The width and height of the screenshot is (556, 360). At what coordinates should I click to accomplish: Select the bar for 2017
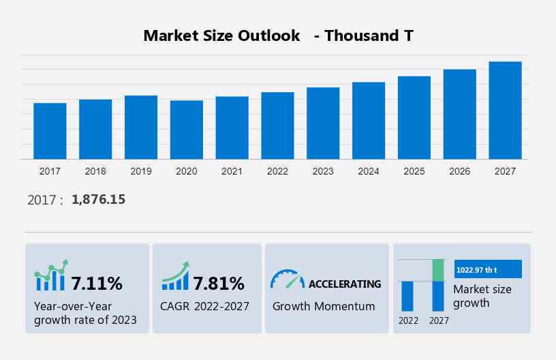pos(50,131)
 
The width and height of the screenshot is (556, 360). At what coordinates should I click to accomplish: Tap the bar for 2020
pos(187,130)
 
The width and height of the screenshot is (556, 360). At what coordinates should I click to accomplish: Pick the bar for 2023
pos(323,123)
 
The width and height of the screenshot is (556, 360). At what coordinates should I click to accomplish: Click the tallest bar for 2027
pos(505,110)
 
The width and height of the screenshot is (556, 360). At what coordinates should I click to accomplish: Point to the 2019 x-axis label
pos(141,171)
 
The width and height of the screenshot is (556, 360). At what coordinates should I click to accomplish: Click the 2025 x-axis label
pos(414,171)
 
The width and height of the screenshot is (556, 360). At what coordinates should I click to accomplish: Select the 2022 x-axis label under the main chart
pos(277,171)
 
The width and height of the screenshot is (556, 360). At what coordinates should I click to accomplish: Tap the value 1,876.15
pos(98,200)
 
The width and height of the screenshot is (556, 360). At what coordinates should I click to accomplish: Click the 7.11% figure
pos(97,283)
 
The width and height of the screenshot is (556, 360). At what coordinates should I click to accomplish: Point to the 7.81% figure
pos(218,283)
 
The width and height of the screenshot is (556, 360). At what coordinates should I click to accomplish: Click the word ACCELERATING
pos(345,284)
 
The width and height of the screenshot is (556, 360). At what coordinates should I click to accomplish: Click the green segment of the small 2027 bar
pos(438,270)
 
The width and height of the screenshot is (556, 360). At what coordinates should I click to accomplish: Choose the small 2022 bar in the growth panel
pos(407,296)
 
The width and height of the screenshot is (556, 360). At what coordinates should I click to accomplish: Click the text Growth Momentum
pos(324,306)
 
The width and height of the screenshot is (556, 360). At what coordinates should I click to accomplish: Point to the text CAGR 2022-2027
pos(205,306)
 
